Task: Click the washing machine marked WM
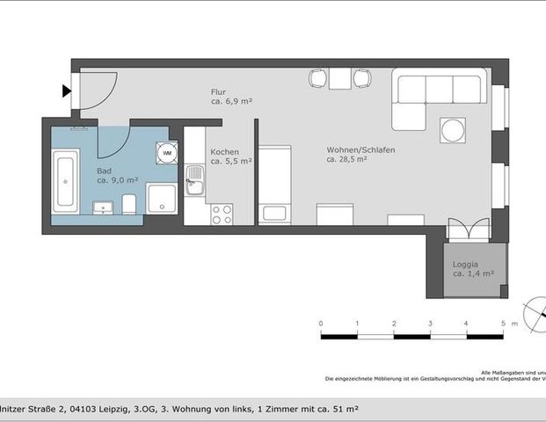[166, 153]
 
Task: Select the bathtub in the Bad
[65, 182]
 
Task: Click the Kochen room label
[224, 151]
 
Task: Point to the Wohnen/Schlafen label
[360, 149]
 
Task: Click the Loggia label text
[466, 264]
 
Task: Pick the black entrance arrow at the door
[67, 90]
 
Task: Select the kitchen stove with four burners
[222, 212]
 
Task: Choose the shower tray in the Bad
[162, 199]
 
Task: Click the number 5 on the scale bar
[502, 324]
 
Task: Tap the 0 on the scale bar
[321, 324]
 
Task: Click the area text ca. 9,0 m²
[117, 179]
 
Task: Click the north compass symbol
[535, 312]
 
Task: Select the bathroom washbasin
[104, 207]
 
